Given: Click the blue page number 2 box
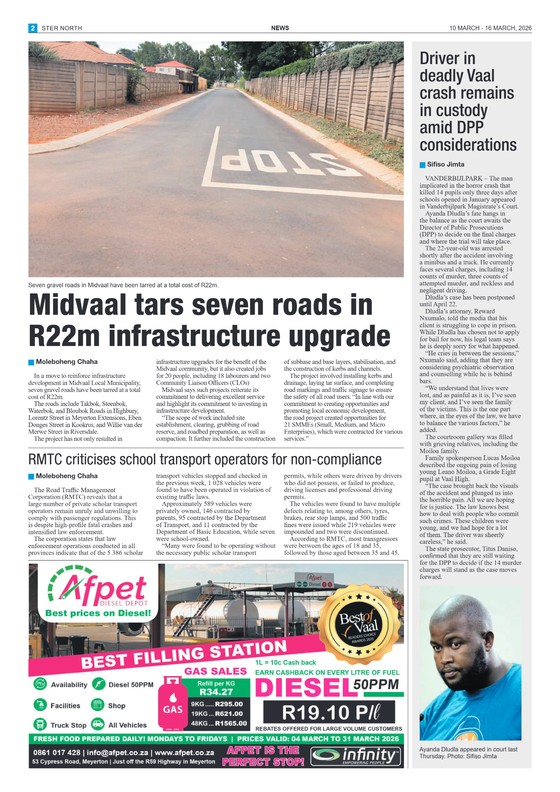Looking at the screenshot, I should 32,28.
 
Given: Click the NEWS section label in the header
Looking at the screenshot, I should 280,28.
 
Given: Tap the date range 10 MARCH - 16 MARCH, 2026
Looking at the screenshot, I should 490,28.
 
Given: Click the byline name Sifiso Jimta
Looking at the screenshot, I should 445,165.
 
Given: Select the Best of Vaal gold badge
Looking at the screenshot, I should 359,621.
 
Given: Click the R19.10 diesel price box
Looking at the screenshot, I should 329,712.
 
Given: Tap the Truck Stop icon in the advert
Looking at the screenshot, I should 40,724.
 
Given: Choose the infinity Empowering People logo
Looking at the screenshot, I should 355,756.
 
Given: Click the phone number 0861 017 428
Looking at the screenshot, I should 57,752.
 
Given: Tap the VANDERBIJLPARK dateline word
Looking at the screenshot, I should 453,178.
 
